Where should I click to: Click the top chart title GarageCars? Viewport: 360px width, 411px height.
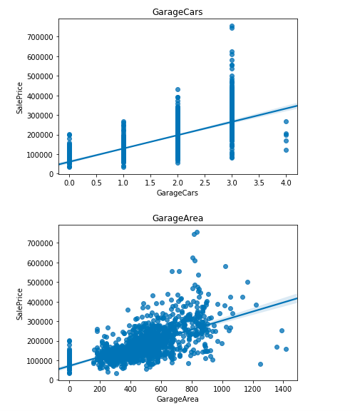pyautogui.click(x=178, y=12)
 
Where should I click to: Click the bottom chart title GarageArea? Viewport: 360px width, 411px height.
pyautogui.click(x=178, y=218)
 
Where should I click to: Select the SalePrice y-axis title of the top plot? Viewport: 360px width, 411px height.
pyautogui.click(x=20, y=97)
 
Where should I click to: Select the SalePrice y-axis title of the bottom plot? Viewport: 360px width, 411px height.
pyautogui.click(x=20, y=303)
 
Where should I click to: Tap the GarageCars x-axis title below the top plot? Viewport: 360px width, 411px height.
pyautogui.click(x=178, y=193)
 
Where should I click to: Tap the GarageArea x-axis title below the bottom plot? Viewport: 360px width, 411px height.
pyautogui.click(x=178, y=399)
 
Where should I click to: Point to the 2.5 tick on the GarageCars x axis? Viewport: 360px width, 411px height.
pyautogui.click(x=205, y=183)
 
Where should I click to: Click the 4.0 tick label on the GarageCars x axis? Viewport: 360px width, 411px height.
pyautogui.click(x=286, y=183)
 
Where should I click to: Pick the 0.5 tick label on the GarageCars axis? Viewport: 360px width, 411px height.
pyautogui.click(x=96, y=183)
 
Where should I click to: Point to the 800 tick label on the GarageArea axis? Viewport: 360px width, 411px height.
pyautogui.click(x=192, y=389)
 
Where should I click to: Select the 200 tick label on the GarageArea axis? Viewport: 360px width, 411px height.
pyautogui.click(x=101, y=389)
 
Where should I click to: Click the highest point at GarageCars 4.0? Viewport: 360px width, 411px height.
pyautogui.click(x=286, y=121)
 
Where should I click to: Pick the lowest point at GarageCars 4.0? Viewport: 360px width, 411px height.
pyautogui.click(x=286, y=150)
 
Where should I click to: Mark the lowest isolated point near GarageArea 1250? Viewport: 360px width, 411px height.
pyautogui.click(x=260, y=364)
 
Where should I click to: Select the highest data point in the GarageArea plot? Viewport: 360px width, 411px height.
pyautogui.click(x=197, y=232)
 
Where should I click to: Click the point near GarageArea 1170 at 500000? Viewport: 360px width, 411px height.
pyautogui.click(x=247, y=282)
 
